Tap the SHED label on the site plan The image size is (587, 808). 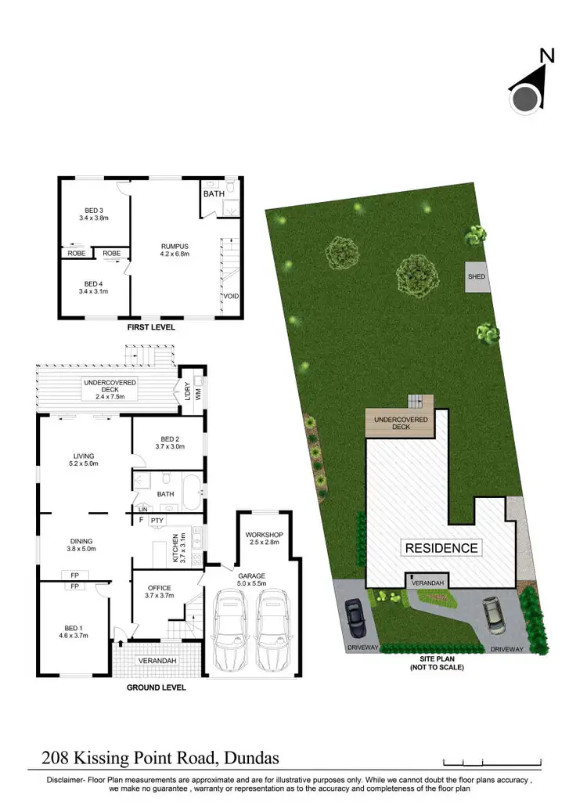pyautogui.click(x=476, y=277)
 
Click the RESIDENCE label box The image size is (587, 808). pyautogui.click(x=441, y=548)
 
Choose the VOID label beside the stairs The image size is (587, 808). pyautogui.click(x=231, y=297)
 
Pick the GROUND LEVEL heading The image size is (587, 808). pyautogui.click(x=157, y=687)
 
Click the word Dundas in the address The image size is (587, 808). pyautogui.click(x=251, y=758)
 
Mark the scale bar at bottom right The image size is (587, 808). pyautogui.click(x=492, y=760)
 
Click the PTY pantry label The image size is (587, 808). pyautogui.click(x=157, y=520)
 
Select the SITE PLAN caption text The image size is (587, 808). pyautogui.click(x=438, y=658)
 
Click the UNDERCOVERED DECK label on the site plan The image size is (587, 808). pyautogui.click(x=400, y=423)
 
